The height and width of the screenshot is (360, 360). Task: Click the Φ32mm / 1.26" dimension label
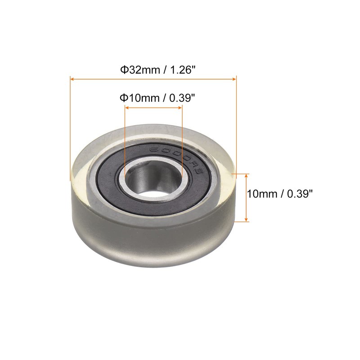coord(157,70)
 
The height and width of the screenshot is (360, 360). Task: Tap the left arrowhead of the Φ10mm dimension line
coord(127,108)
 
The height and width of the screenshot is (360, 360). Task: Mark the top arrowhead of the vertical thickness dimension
coord(246,175)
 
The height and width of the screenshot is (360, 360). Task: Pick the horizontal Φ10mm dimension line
coord(153,108)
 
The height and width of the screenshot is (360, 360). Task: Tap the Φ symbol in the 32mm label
coord(123,70)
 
